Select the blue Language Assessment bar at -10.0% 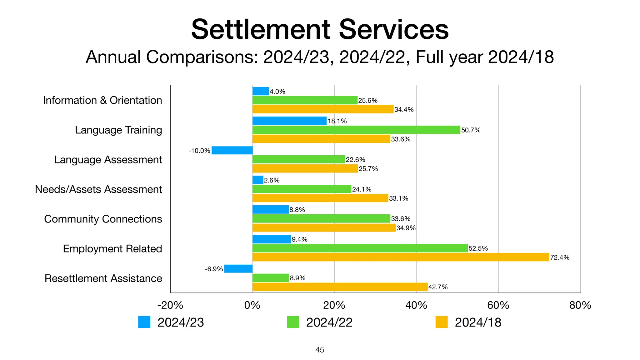232,150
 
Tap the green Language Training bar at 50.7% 356,130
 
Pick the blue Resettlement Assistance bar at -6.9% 238,269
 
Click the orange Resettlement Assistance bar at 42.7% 340,287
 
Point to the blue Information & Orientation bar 261,91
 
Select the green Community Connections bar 321,218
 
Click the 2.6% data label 272,180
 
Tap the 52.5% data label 478,248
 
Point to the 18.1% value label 337,121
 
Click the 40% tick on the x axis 416,305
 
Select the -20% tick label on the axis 170,305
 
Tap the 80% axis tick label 580,305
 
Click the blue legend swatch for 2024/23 144,322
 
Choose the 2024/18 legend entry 477,322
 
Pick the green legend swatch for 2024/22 293,322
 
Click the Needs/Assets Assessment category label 98,189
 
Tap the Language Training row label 118,130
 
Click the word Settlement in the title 261,29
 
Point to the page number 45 320,350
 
